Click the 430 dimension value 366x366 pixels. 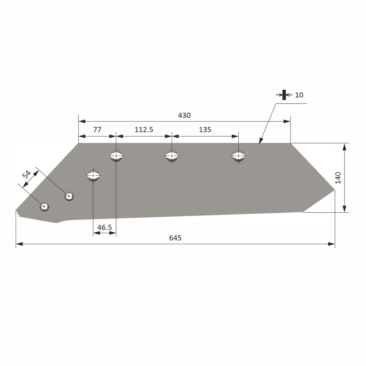pos(184,115)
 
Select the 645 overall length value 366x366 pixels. pos(175,238)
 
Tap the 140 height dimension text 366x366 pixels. pos(338,178)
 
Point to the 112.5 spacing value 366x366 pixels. pos(144,130)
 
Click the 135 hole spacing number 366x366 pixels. pos(205,130)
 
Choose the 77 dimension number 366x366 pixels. pos(97,130)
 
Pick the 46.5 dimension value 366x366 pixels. pos(104,227)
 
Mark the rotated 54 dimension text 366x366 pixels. pos(26,175)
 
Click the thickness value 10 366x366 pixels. pos(299,95)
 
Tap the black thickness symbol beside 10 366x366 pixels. pos(284,95)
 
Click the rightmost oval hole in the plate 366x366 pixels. pos(239,156)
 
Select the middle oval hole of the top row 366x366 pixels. pos(172,156)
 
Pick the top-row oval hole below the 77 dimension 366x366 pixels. pos(116,156)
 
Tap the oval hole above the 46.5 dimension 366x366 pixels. pos(93,175)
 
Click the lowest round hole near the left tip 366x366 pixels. pos(44,207)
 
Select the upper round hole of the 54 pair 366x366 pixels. pos(69,196)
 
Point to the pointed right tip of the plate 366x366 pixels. pos(335,190)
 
